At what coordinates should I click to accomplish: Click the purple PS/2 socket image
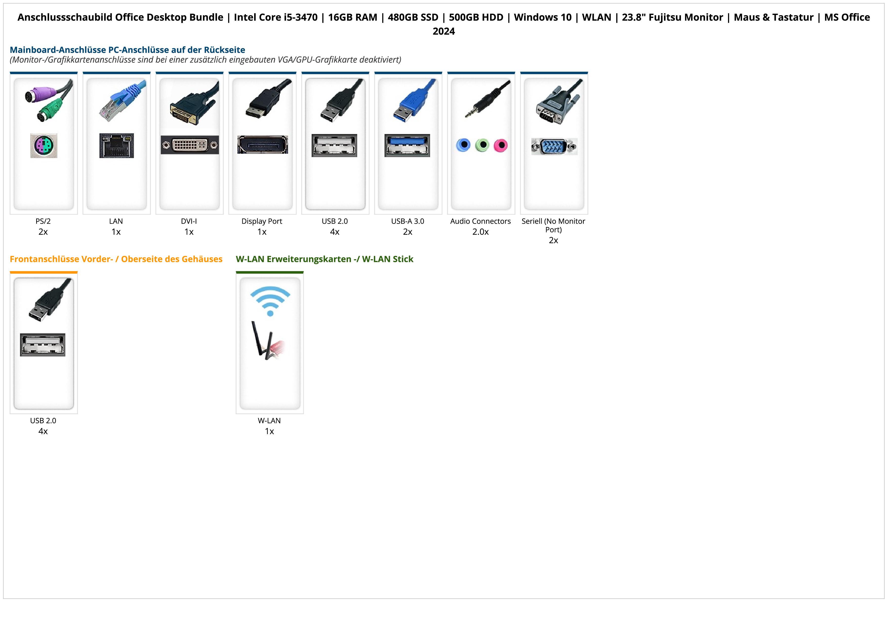click(44, 145)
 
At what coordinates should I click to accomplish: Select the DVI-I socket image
click(190, 145)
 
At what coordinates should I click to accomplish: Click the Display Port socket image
click(263, 145)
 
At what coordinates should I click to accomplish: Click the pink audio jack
click(500, 145)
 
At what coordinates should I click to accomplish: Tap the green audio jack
click(482, 145)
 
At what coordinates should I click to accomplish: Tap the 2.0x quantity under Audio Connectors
click(480, 232)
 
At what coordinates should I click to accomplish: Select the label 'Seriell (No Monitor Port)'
click(553, 225)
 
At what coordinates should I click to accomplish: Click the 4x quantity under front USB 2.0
click(43, 431)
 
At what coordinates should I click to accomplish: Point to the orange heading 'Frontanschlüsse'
click(116, 259)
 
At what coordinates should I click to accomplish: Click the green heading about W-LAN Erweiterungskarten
click(325, 259)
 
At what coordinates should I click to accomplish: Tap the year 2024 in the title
click(443, 31)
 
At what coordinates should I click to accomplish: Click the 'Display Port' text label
click(262, 221)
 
